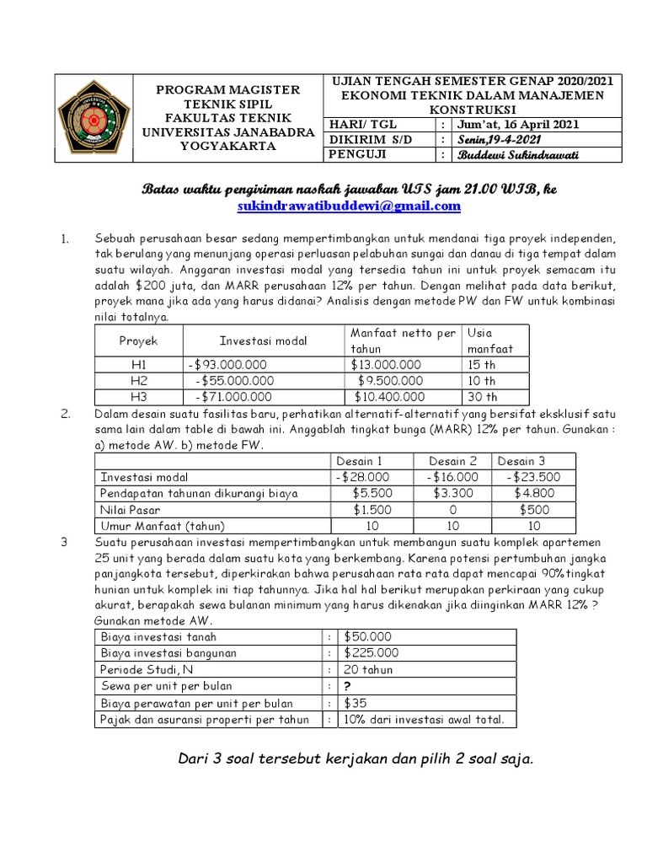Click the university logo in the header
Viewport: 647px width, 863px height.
(93, 117)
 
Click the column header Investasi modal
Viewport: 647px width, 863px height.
(263, 340)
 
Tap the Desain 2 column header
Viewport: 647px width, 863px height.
(453, 461)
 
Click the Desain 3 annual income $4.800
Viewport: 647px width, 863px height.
(529, 493)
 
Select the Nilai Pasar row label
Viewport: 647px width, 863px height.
(131, 509)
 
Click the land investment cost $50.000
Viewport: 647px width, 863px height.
(367, 636)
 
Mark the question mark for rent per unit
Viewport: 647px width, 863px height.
(346, 686)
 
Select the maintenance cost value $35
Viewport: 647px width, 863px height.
(355, 703)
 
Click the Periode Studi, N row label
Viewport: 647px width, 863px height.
(145, 669)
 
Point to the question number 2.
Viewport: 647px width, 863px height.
(65, 415)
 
